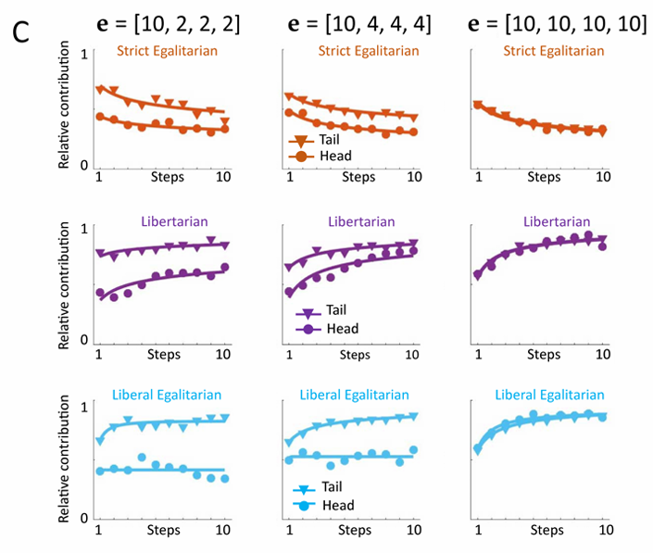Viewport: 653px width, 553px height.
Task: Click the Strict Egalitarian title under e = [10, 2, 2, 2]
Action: [167, 50]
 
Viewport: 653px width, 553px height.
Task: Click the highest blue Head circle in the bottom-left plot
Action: [142, 457]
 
